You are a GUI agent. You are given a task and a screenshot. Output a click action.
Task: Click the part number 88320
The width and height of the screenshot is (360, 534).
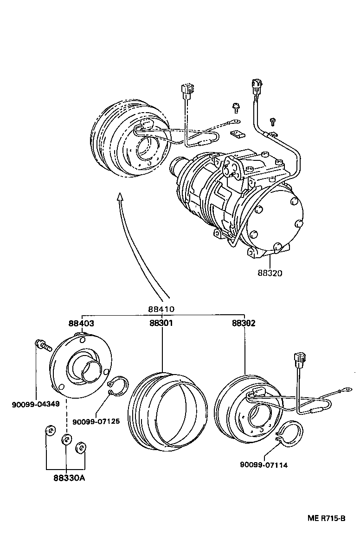pyautogui.click(x=270, y=273)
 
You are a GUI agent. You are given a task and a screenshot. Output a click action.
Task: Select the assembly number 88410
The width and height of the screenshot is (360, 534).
pyautogui.click(x=161, y=309)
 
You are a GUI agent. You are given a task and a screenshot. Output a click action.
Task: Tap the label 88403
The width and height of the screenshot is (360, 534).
pyautogui.click(x=82, y=323)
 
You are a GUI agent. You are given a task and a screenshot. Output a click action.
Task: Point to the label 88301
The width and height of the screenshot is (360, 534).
pyautogui.click(x=161, y=323)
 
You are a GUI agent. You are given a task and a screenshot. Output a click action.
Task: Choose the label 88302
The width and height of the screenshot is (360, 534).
pyautogui.click(x=244, y=323)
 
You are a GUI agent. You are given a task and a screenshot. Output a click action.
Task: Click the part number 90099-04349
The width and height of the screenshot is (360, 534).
pyautogui.click(x=36, y=404)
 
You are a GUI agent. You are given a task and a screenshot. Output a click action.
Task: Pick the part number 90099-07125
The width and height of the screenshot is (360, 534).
pyautogui.click(x=96, y=421)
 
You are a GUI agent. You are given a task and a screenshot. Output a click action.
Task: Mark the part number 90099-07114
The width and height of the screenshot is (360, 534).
pyautogui.click(x=264, y=465)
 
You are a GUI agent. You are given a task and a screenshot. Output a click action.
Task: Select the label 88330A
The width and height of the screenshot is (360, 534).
pyautogui.click(x=65, y=477)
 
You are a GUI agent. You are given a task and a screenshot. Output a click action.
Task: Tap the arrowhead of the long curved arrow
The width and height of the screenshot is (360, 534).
pyautogui.click(x=120, y=197)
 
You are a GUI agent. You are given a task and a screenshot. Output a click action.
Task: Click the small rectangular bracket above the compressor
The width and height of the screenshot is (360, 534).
pyautogui.click(x=237, y=134)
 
